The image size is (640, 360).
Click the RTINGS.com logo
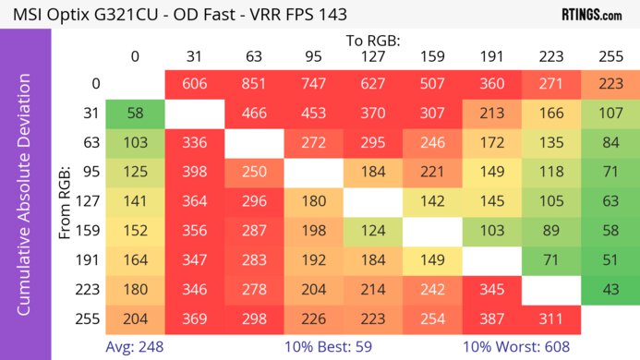click(x=591, y=15)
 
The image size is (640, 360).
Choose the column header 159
click(x=431, y=56)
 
